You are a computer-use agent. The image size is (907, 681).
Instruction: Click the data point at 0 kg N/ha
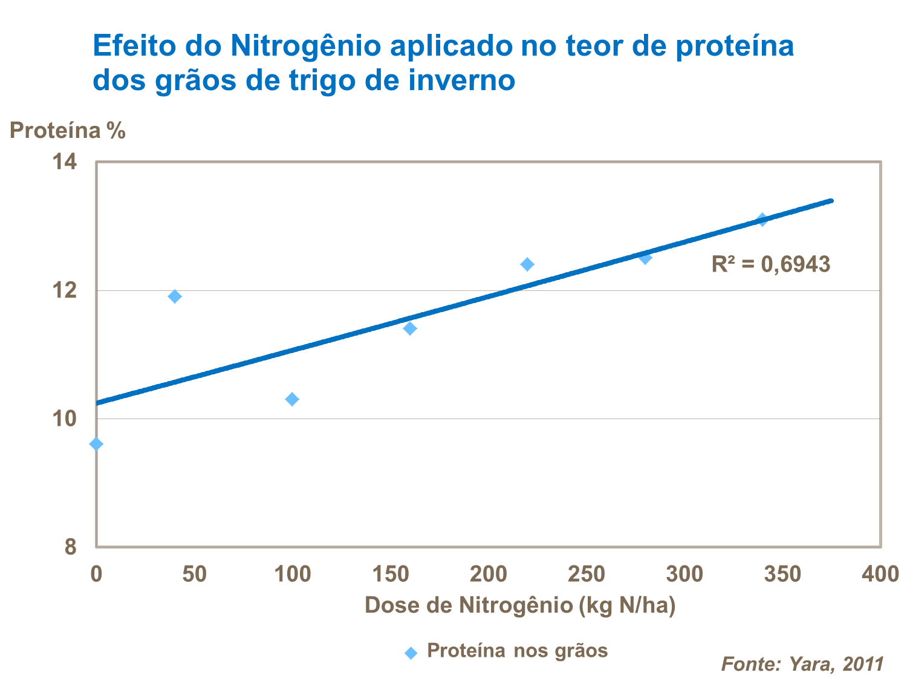(96, 444)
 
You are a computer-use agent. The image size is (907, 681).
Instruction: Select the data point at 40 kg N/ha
(175, 296)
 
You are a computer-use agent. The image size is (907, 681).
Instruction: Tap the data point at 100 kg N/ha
(292, 399)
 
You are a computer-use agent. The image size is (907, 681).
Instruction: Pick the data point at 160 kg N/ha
(410, 328)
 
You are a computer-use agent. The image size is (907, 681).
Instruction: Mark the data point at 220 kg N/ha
(527, 264)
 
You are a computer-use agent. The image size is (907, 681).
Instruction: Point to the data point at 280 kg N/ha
(645, 258)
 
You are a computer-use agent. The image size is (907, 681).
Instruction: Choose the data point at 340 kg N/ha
(762, 220)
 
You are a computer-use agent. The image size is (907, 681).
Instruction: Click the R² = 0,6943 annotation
(770, 264)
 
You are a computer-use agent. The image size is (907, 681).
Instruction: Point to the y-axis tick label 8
(71, 547)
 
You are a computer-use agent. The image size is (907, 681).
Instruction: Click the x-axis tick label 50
(194, 574)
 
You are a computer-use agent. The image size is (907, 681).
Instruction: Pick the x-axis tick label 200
(488, 574)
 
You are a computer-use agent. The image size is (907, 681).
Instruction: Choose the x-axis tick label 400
(880, 574)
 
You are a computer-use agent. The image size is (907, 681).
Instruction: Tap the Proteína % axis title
(68, 131)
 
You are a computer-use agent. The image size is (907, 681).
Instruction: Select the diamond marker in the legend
(411, 653)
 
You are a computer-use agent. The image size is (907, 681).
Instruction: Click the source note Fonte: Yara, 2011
(802, 664)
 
